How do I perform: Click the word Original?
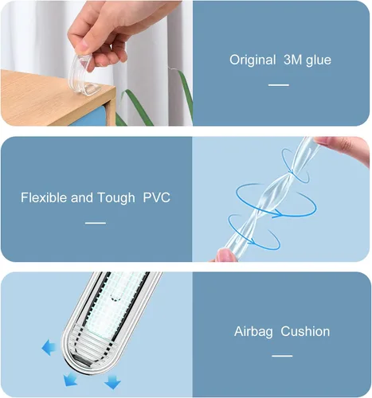tap(253, 60)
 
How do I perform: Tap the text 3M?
tap(293, 60)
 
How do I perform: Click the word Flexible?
tap(44, 197)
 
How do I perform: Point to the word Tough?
tap(116, 198)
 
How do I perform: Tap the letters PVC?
tap(157, 197)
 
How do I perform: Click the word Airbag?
tap(253, 332)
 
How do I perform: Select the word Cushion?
tap(305, 331)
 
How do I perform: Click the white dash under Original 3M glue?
tap(279, 85)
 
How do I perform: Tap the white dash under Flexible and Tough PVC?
tap(96, 223)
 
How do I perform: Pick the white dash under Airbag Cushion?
tap(282, 356)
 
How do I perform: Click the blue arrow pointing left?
tap(49, 347)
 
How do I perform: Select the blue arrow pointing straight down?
tap(112, 381)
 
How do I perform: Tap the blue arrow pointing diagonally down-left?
tap(70, 380)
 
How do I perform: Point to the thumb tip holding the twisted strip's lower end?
tap(226, 256)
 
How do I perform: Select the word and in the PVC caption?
tap(82, 197)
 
